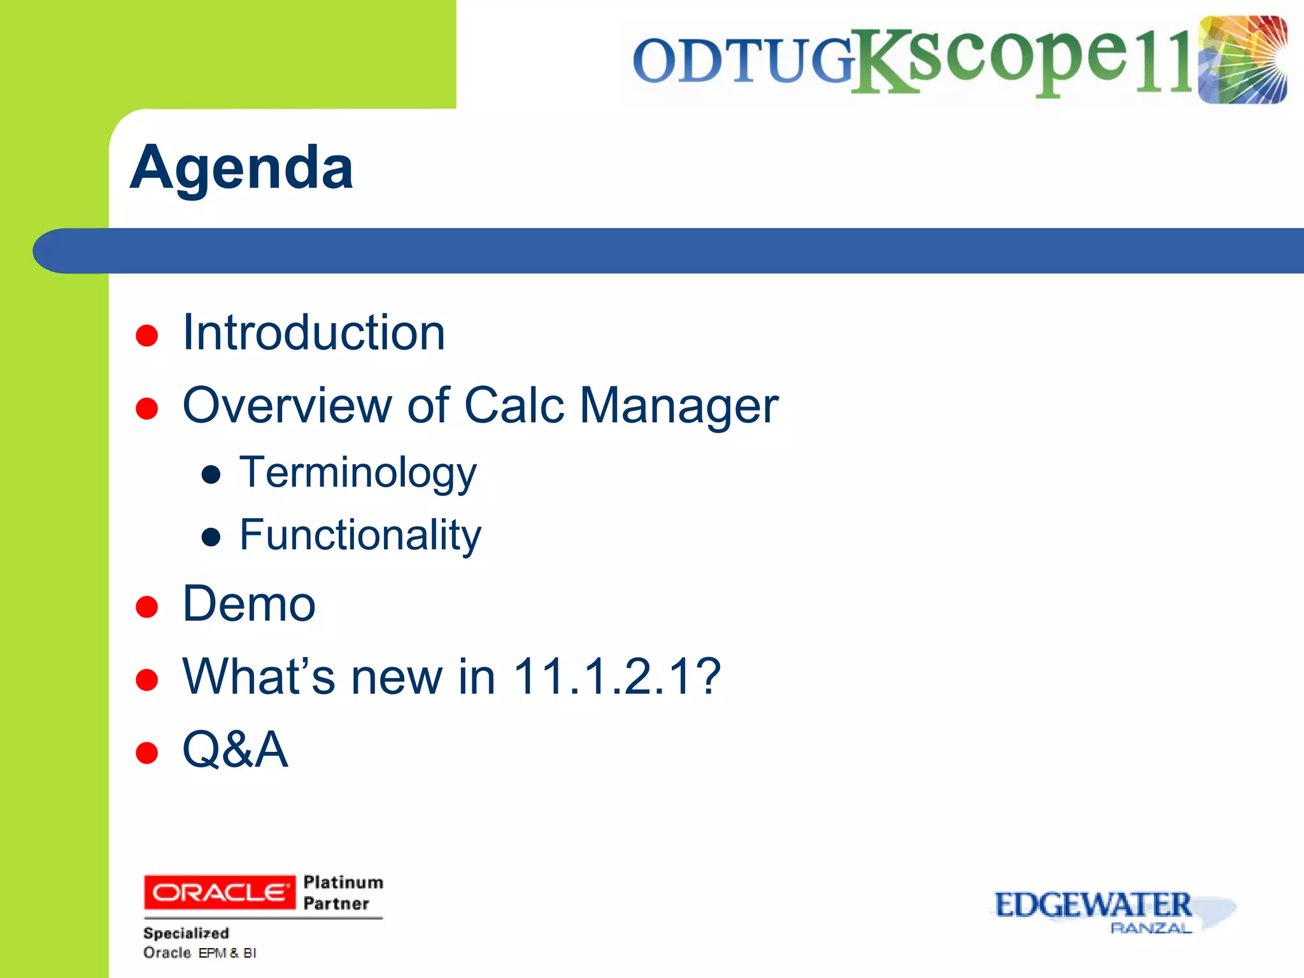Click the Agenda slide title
pos(241,167)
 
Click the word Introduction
pos(313,333)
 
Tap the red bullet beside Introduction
pos(147,336)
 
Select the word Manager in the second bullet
pos(679,406)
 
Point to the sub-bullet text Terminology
pos(357,473)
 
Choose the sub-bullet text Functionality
pos(360,535)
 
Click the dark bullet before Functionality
pos(211,537)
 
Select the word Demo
pos(249,604)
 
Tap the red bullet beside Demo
pos(147,607)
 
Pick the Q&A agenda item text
pos(235,749)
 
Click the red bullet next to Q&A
pos(147,753)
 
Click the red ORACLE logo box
pos(220,893)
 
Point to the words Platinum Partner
pos(343,893)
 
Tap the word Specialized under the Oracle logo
pos(186,933)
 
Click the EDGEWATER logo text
pos(1093,905)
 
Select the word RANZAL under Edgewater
pos(1151,929)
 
